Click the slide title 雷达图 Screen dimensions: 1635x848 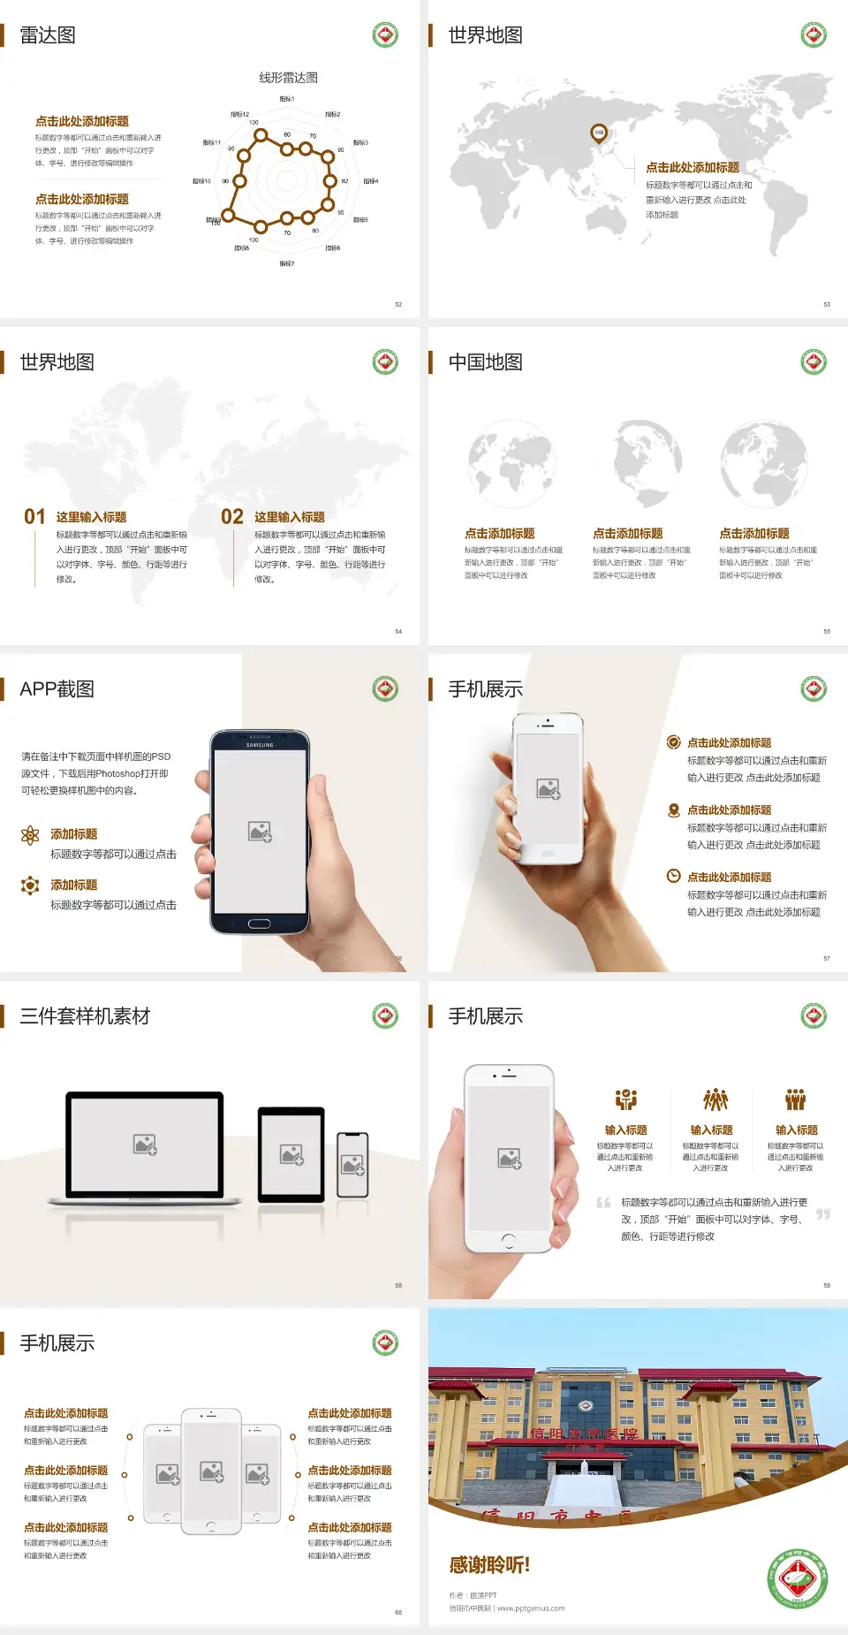click(48, 35)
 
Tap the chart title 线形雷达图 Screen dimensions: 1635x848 click(288, 78)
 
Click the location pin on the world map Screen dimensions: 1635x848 click(599, 133)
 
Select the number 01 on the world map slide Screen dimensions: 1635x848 click(34, 517)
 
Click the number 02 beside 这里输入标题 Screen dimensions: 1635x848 click(232, 517)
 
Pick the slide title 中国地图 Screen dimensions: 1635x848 click(485, 362)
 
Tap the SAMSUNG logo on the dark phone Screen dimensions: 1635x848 click(260, 745)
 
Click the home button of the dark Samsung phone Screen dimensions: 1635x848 click(259, 924)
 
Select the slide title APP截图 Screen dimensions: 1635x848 click(57, 689)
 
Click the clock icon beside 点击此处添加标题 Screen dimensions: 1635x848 click(673, 876)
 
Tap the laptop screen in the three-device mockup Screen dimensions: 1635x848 click(145, 1144)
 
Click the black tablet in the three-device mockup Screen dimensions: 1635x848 click(291, 1154)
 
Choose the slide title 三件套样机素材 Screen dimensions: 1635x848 click(85, 1016)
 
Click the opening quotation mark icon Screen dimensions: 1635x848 click(603, 1202)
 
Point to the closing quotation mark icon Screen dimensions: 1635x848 click(823, 1214)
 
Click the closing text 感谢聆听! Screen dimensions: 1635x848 click(489, 1565)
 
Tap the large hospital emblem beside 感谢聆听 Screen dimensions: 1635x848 click(799, 1578)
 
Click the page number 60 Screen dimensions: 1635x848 click(398, 1612)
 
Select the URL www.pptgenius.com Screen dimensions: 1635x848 click(531, 1608)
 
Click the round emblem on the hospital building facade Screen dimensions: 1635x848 click(585, 1405)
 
